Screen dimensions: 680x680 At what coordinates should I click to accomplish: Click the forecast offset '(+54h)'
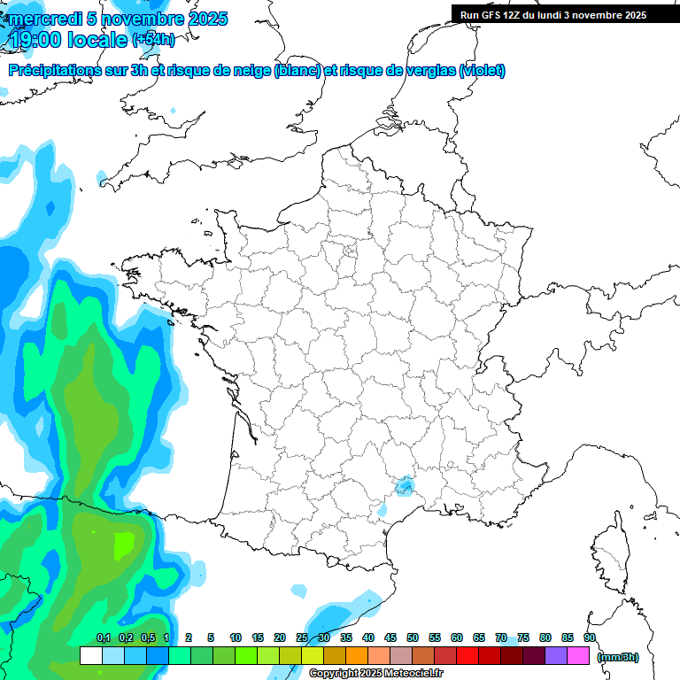click(153, 40)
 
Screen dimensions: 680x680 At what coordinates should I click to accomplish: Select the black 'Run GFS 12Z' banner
click(565, 14)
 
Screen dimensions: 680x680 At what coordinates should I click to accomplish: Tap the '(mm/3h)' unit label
click(618, 656)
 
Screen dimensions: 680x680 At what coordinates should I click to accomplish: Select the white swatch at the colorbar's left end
click(90, 656)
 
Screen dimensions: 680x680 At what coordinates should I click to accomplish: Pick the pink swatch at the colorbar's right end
click(578, 656)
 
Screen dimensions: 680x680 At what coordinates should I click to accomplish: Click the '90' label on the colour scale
click(590, 637)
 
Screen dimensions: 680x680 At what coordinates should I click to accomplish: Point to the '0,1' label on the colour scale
click(103, 637)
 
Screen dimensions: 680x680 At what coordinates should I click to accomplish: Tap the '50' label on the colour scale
click(413, 637)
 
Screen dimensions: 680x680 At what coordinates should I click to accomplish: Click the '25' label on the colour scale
click(302, 637)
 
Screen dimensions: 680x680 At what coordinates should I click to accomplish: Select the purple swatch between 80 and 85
click(556, 656)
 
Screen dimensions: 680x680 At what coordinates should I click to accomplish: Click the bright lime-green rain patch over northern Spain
click(122, 543)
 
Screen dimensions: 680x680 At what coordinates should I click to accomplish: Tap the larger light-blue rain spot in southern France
click(405, 485)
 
